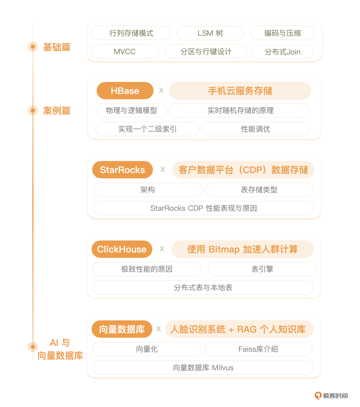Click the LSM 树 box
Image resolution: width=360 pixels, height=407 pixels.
tap(210, 33)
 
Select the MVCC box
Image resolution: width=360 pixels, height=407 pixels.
tap(125, 52)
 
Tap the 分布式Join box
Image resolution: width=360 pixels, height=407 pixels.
tap(283, 52)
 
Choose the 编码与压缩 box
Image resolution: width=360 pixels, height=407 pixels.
tap(283, 33)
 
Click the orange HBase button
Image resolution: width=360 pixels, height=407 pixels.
tap(125, 91)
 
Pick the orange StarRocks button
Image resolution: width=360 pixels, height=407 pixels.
tap(122, 170)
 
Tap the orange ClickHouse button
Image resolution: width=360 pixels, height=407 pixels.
tap(122, 249)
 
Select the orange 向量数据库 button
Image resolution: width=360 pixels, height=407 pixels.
tap(122, 329)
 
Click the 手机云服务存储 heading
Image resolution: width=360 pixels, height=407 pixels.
tap(240, 91)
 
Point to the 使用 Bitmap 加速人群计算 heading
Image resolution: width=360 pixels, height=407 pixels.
tap(242, 249)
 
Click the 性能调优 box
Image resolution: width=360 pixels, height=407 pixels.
tap(256, 129)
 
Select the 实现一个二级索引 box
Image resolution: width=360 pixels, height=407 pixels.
tap(147, 129)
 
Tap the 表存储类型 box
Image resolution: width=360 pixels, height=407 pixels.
tap(259, 190)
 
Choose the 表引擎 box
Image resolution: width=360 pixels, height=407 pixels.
tap(262, 269)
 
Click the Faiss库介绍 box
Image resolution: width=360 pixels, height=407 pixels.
tap(258, 349)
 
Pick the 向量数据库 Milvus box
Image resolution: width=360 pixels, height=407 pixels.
tap(203, 368)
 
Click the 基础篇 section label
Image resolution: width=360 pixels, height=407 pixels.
tap(57, 47)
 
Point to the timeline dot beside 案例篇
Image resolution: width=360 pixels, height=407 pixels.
tap(33, 110)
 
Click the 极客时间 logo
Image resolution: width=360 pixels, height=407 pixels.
tap(331, 396)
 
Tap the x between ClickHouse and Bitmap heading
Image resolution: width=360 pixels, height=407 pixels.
tap(162, 249)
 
